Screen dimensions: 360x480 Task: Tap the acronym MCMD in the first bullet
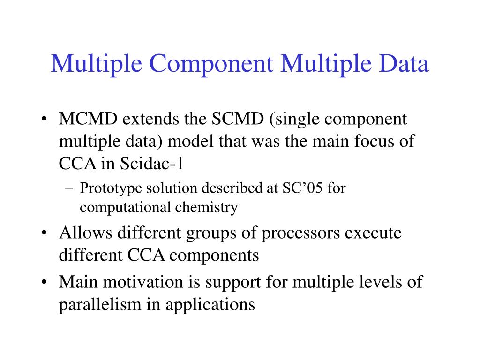pyautogui.click(x=88, y=119)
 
